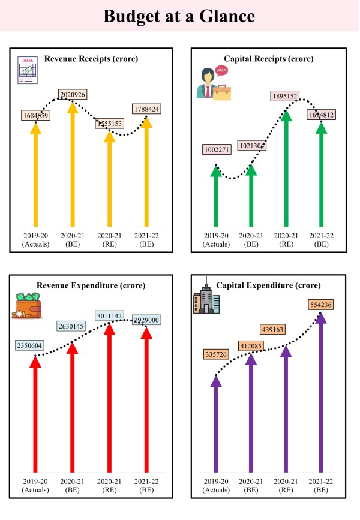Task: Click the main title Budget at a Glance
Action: (179, 16)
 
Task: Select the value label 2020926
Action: (73, 95)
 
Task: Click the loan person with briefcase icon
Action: (214, 83)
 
